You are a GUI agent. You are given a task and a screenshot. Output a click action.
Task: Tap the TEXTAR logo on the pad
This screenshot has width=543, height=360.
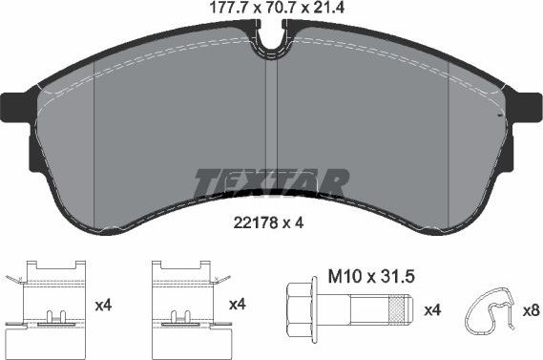click(x=271, y=182)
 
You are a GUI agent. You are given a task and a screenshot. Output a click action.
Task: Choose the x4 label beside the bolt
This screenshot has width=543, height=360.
click(x=431, y=310)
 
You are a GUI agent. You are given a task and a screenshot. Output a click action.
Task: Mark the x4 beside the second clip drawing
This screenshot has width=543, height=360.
click(x=238, y=305)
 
